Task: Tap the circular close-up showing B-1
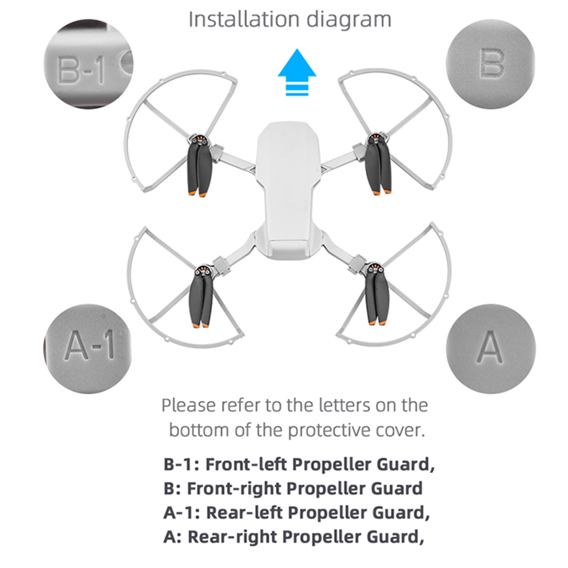pos(88,64)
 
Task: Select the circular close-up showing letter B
pos(490,64)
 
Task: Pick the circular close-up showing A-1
pos(88,348)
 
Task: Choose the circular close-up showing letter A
pos(490,348)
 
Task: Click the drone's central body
pos(288,190)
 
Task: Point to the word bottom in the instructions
pos(199,430)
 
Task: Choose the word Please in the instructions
pos(188,405)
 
